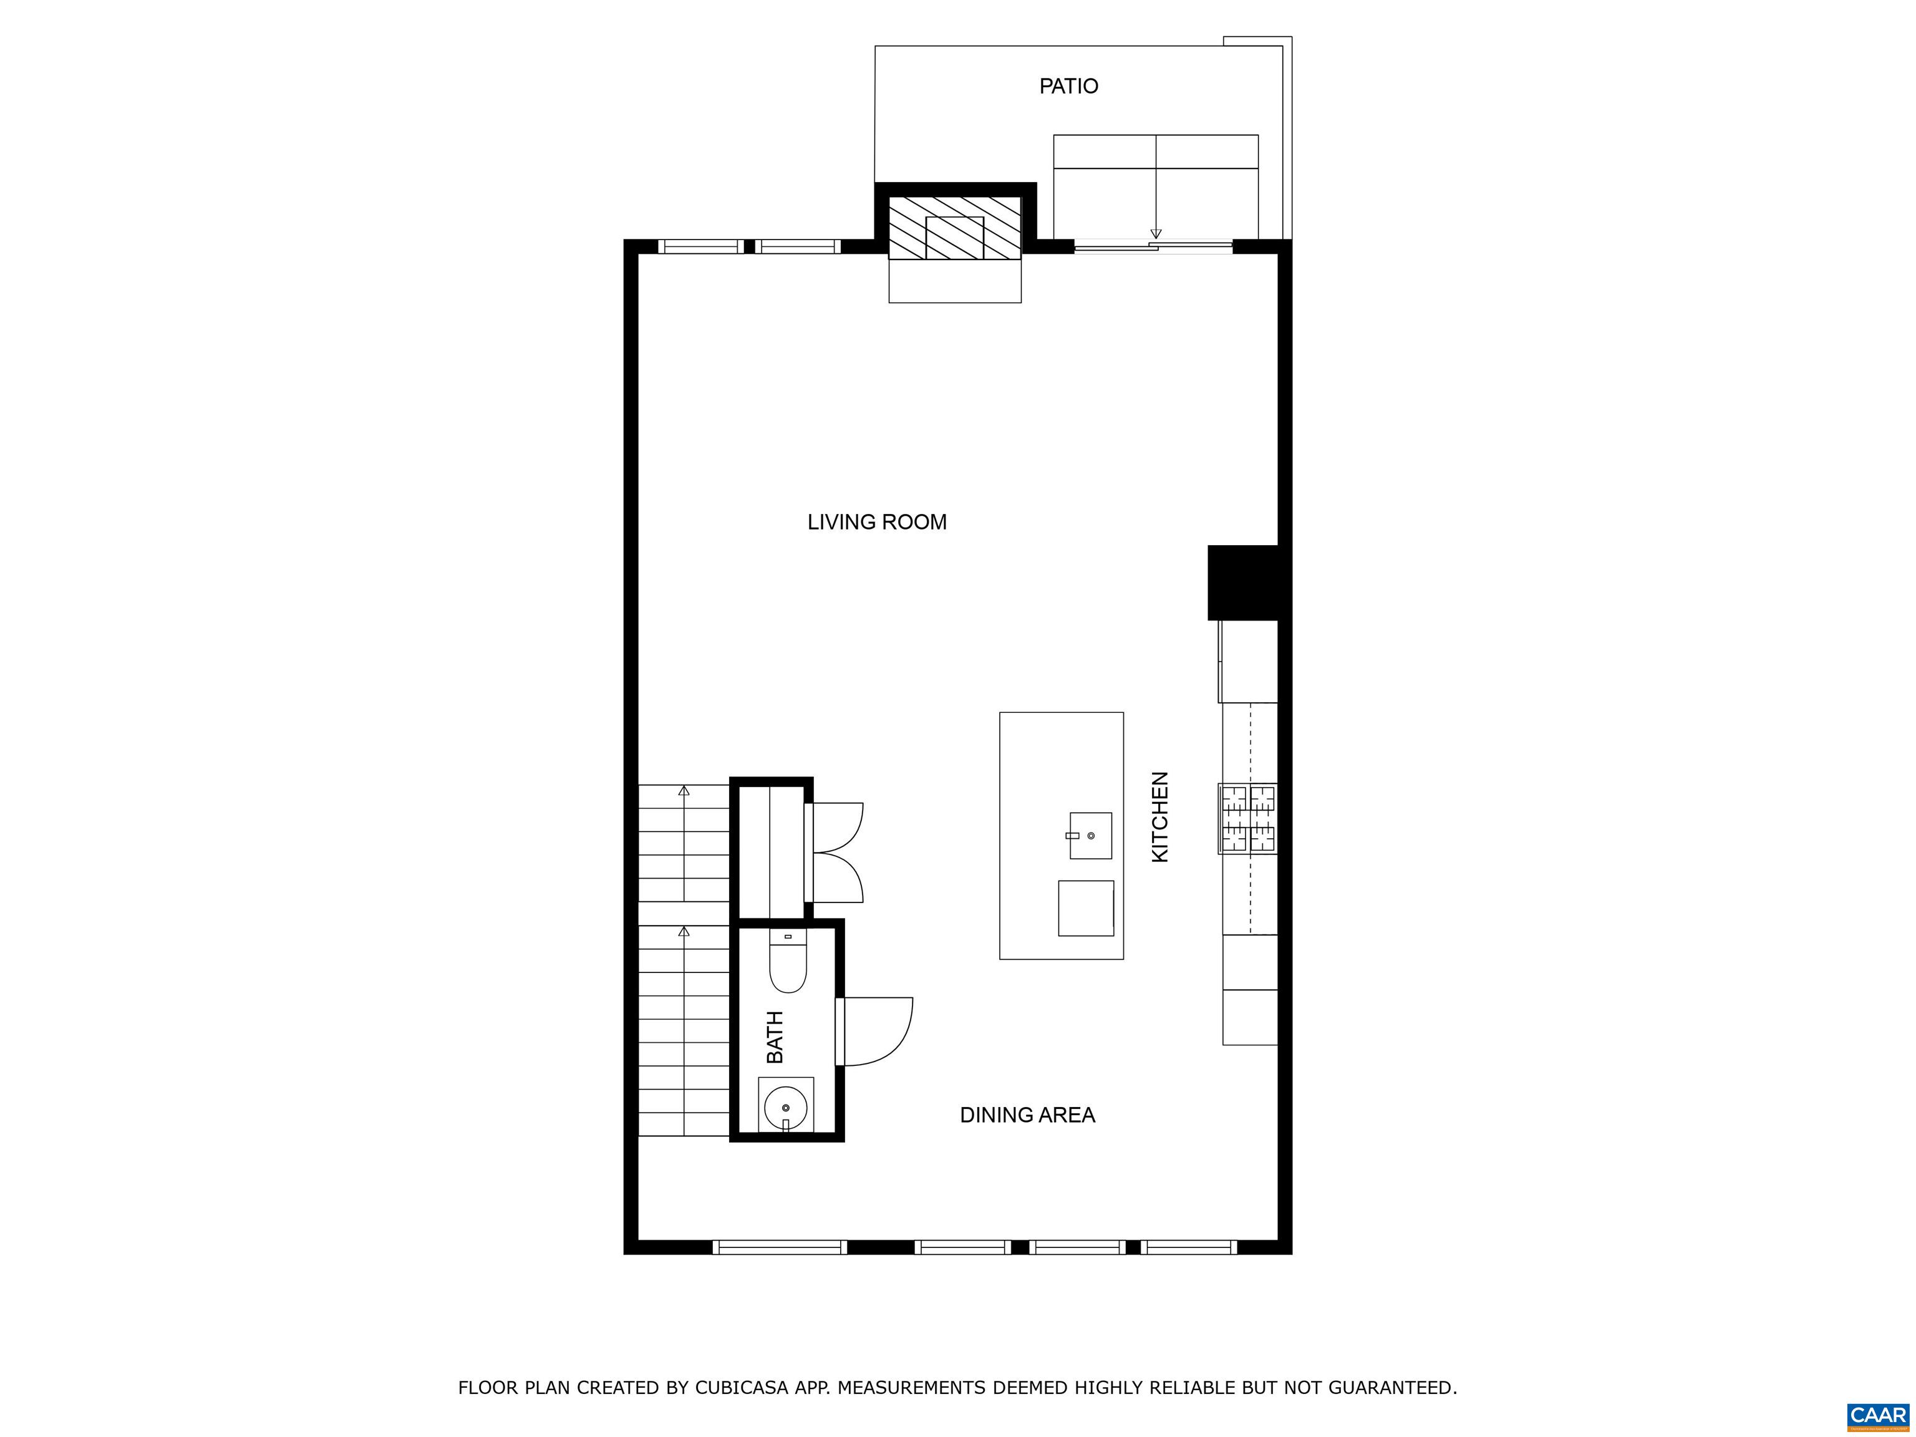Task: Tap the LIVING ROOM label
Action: (x=876, y=522)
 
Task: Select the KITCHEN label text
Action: (x=1160, y=817)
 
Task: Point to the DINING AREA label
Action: (x=1027, y=1115)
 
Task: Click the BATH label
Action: (x=775, y=1037)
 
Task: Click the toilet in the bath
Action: (x=788, y=962)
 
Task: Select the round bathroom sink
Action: (x=786, y=1108)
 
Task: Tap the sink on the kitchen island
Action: (x=1090, y=836)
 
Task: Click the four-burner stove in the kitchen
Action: (x=1248, y=818)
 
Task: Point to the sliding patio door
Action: (x=1153, y=247)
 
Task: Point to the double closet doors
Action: (x=834, y=853)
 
